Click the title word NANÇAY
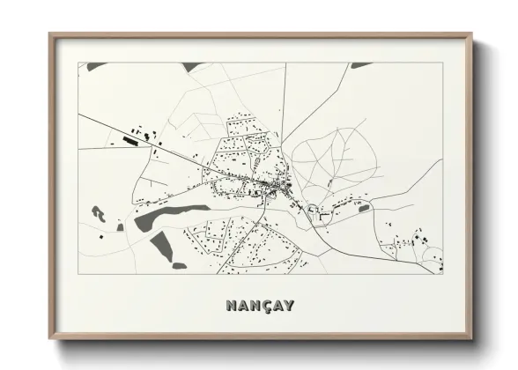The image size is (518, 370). [x=259, y=306]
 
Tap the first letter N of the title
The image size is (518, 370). [x=231, y=306]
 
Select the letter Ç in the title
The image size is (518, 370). [x=260, y=307]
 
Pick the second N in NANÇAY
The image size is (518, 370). [x=250, y=306]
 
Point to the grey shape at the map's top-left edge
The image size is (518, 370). [x=95, y=67]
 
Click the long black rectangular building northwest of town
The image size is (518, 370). [x=133, y=138]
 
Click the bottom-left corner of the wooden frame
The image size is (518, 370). [x=51, y=338]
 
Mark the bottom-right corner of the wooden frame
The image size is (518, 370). [x=473, y=338]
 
